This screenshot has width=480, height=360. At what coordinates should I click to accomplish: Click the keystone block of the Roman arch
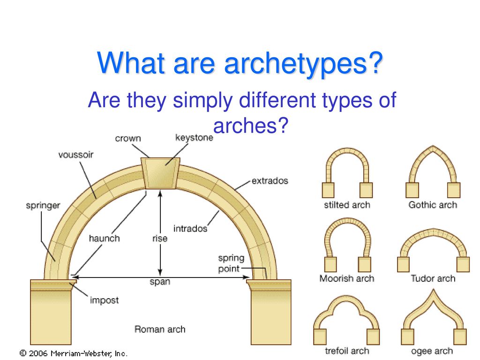pyautogui.click(x=160, y=173)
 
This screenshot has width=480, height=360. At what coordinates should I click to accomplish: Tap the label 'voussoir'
pyautogui.click(x=76, y=155)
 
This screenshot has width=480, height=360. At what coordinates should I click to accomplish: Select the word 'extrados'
pyautogui.click(x=270, y=181)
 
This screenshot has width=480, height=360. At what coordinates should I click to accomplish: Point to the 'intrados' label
pyautogui.click(x=190, y=229)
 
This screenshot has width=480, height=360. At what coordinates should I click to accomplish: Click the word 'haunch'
pyautogui.click(x=104, y=239)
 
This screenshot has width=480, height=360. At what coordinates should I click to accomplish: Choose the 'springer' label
pyautogui.click(x=43, y=206)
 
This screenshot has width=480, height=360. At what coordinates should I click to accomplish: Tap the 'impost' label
pyautogui.click(x=104, y=300)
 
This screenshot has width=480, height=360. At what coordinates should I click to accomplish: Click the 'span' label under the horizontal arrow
pyautogui.click(x=160, y=282)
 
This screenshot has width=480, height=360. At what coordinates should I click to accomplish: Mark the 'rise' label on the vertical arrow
pyautogui.click(x=160, y=239)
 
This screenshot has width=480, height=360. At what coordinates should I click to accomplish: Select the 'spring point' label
pyautogui.click(x=231, y=263)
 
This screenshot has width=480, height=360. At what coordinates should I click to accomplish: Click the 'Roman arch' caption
pyautogui.click(x=160, y=330)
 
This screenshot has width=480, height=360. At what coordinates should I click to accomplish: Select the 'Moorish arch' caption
pyautogui.click(x=347, y=278)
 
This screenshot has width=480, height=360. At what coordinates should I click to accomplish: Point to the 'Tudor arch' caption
pyautogui.click(x=433, y=278)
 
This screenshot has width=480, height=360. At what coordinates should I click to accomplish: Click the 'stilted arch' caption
pyautogui.click(x=347, y=205)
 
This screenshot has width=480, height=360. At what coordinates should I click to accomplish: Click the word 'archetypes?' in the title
pyautogui.click(x=303, y=63)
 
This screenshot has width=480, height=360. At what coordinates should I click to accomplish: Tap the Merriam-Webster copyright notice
pyautogui.click(x=73, y=353)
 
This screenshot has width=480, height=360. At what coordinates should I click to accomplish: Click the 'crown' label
pyautogui.click(x=128, y=139)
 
